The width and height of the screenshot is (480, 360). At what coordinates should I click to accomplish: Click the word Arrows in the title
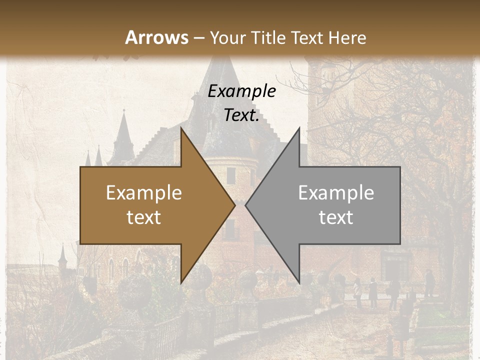[x=156, y=37]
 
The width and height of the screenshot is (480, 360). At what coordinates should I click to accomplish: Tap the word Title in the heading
[x=267, y=37]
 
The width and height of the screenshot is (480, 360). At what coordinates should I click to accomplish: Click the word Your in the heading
[x=228, y=37]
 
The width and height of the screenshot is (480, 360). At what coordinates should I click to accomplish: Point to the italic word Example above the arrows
[x=241, y=91]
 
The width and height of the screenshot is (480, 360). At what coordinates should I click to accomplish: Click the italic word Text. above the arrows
[x=241, y=115]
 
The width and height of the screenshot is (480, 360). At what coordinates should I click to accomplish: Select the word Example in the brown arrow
[x=143, y=193]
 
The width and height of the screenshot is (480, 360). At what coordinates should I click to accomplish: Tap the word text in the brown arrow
[x=143, y=217]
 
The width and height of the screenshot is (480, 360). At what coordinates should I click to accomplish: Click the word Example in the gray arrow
[x=336, y=193]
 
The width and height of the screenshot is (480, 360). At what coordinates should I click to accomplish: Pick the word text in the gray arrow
[x=336, y=217]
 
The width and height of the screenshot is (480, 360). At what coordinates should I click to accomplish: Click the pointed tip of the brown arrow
[x=234, y=205]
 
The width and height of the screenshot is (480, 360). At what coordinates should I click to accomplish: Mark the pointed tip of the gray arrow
[x=245, y=205]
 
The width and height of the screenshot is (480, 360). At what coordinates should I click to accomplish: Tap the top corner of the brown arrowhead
[x=181, y=128]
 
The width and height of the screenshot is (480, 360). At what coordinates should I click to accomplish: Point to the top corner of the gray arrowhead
[x=299, y=128]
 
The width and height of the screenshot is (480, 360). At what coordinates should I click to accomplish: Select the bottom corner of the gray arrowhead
[x=299, y=282]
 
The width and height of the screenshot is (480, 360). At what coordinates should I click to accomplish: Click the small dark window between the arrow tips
[x=230, y=175]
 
